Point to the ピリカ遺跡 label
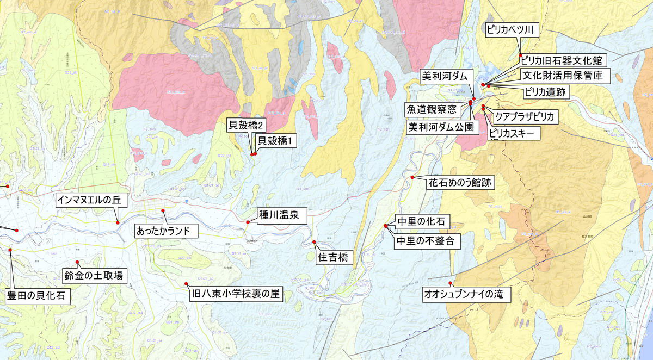(x=545, y=92)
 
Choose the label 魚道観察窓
(x=433, y=109)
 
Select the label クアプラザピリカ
(x=525, y=116)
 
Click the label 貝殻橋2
(x=247, y=126)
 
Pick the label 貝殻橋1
(x=275, y=141)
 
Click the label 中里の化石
(x=421, y=221)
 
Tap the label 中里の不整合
(x=426, y=240)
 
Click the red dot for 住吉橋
(x=314, y=242)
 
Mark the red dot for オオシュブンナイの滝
(x=451, y=283)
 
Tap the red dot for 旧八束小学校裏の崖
(x=186, y=284)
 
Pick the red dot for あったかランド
(x=162, y=210)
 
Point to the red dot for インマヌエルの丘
(x=117, y=222)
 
